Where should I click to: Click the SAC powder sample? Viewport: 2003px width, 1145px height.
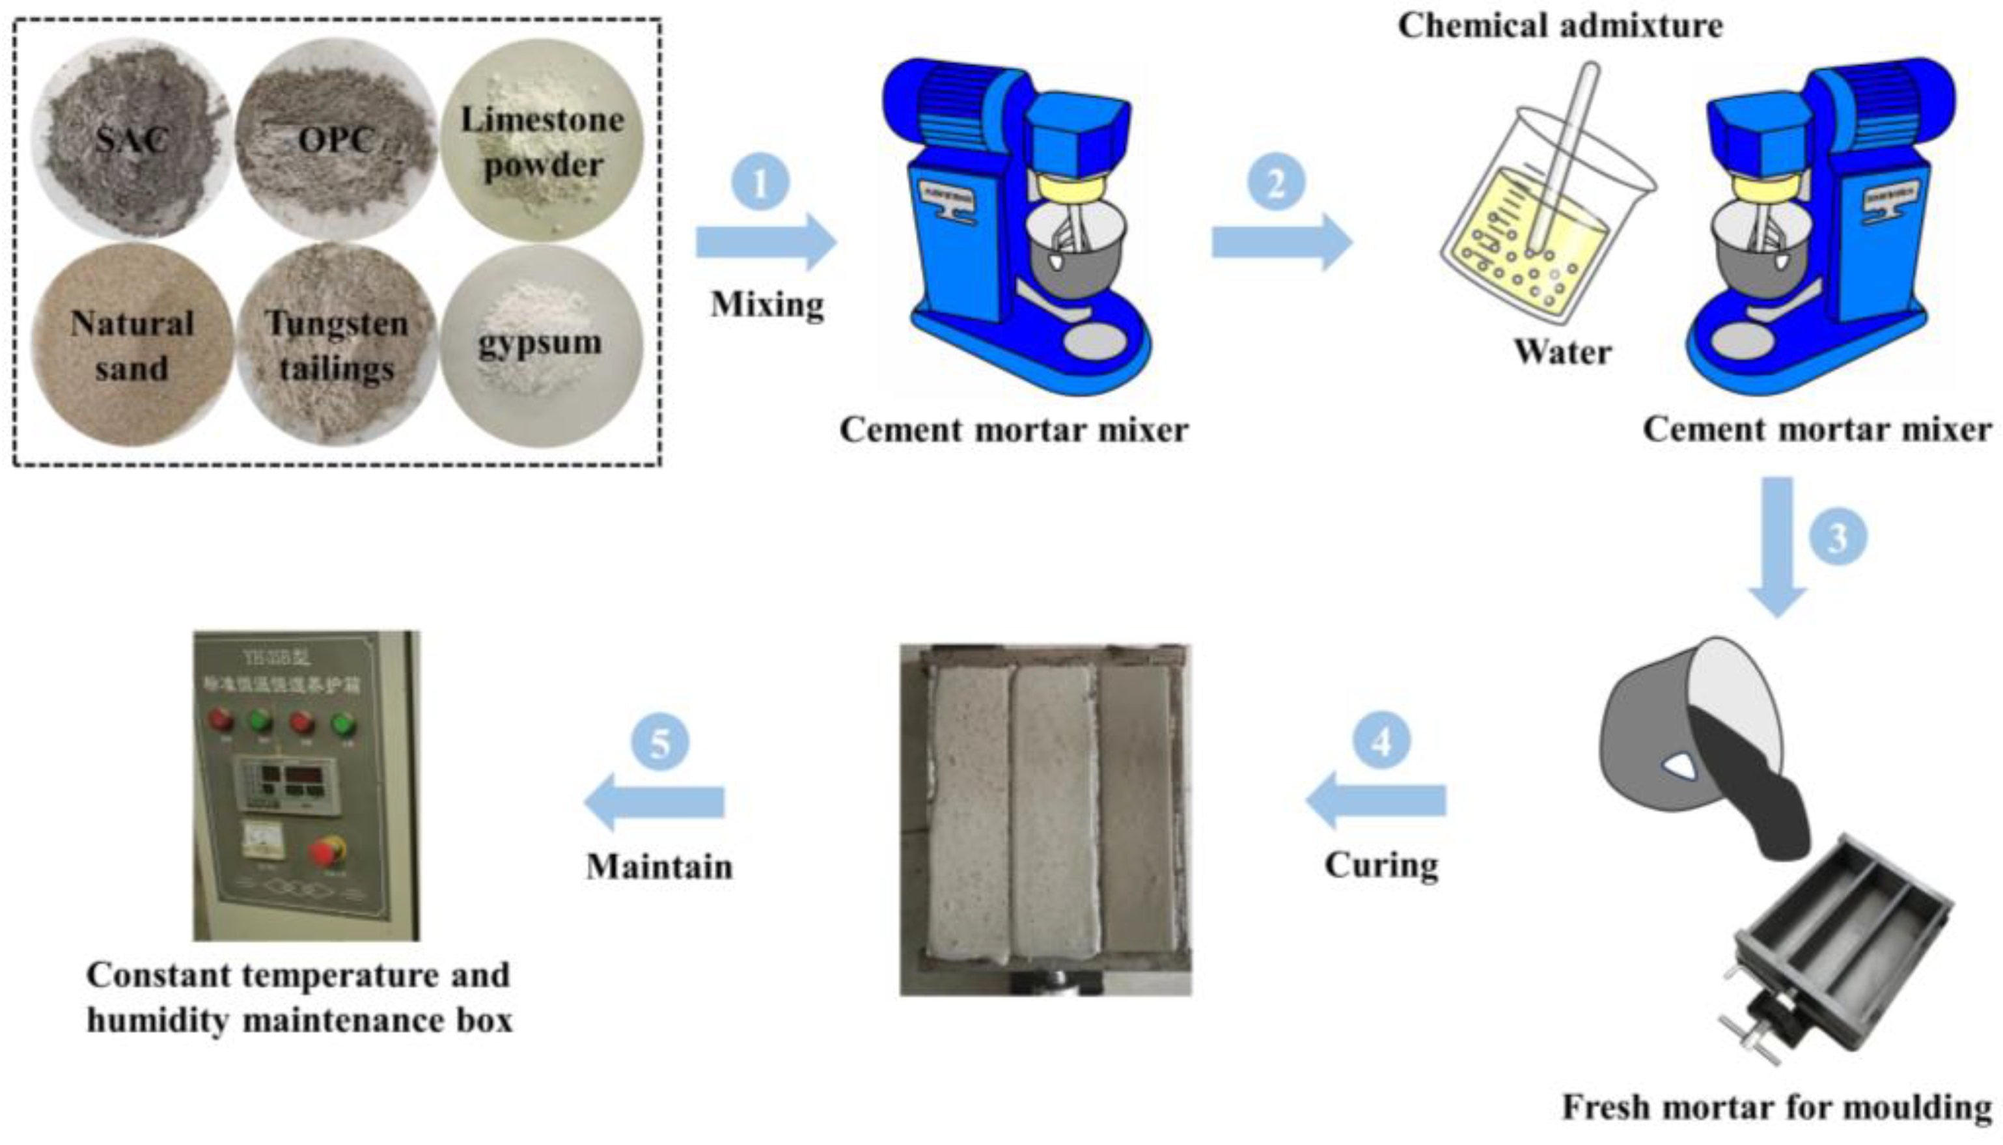(131, 140)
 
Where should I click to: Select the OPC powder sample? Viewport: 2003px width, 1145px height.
(336, 140)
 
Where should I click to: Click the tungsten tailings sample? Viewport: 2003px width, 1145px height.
(336, 346)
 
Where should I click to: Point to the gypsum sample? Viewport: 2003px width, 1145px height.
(541, 344)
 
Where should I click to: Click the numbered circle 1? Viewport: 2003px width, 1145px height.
(760, 182)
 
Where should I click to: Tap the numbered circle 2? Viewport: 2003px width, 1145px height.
(1276, 182)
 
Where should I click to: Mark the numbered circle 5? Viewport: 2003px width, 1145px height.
(660, 742)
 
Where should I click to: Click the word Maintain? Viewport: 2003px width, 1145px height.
(659, 866)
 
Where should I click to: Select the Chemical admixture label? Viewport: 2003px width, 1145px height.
(1560, 26)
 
